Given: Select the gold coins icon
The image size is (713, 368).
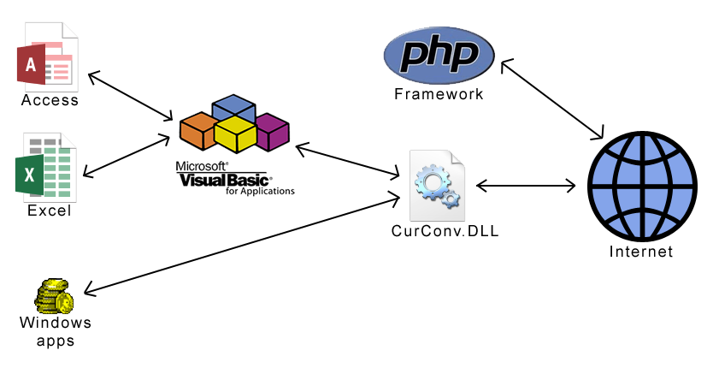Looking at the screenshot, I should [54, 296].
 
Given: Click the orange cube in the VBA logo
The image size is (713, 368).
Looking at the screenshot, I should [197, 130].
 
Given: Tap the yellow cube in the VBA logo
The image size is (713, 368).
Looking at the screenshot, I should [235, 134].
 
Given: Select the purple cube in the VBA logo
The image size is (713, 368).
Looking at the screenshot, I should [273, 131].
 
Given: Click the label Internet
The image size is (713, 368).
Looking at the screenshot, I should [640, 252].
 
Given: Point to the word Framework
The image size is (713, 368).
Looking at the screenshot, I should [439, 93].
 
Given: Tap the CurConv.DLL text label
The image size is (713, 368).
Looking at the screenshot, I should [445, 231].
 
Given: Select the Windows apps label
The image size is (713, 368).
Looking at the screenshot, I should [55, 331].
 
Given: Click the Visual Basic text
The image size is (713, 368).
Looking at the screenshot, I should [225, 181].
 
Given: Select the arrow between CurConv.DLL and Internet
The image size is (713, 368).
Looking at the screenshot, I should [525, 185].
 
